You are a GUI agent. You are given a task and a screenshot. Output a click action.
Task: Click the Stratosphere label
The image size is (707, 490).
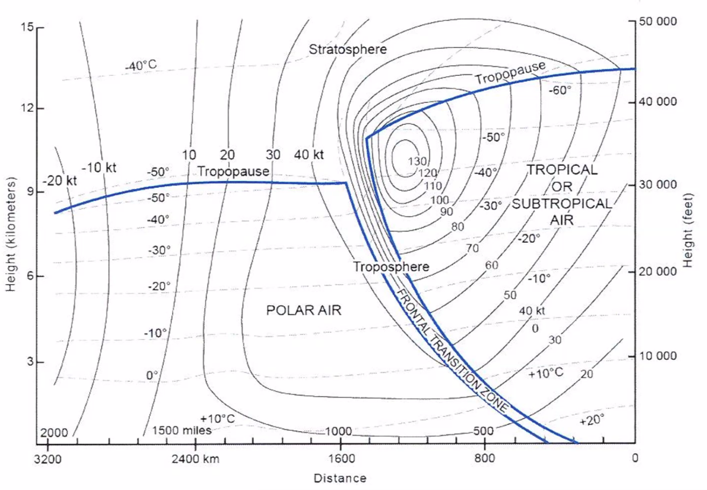[x=348, y=49]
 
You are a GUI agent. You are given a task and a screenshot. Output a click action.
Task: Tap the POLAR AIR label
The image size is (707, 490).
[x=303, y=310]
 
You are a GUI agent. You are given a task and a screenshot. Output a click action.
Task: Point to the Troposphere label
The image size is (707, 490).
[x=391, y=267]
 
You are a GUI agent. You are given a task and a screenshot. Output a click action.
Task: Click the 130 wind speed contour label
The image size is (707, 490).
[x=417, y=161]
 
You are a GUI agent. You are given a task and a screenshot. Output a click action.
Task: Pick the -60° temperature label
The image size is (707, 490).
[x=559, y=90]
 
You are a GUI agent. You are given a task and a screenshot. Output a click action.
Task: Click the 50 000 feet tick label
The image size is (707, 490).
[x=658, y=21]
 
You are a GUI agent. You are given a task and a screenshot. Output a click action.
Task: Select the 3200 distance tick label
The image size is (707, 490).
[x=48, y=459]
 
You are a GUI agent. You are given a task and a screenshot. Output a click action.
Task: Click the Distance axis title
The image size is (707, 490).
[x=340, y=478]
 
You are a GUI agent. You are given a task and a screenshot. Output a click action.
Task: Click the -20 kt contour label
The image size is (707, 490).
[x=60, y=180]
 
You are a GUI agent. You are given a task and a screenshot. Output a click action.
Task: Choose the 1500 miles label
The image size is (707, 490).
[x=181, y=430]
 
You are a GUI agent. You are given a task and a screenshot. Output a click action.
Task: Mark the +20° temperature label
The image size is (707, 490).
[x=591, y=420]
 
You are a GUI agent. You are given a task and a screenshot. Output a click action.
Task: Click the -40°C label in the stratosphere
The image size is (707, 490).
[x=141, y=66]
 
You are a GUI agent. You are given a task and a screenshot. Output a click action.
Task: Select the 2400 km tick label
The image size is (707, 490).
[x=195, y=459]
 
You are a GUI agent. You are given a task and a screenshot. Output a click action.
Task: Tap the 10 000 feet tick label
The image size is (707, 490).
[x=658, y=356]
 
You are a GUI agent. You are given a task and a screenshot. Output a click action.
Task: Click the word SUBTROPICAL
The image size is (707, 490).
[x=562, y=204]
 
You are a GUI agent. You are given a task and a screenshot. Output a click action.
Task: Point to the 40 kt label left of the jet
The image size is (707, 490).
[x=309, y=155]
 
